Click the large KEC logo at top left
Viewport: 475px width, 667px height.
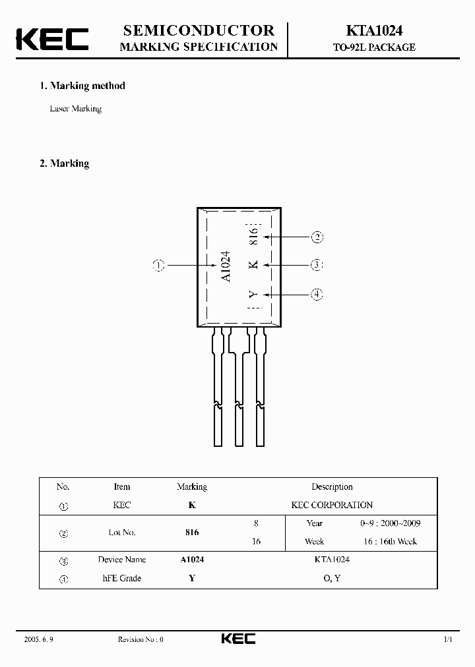[52, 38]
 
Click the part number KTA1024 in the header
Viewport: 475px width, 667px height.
[373, 30]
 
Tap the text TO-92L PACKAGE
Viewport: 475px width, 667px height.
[373, 47]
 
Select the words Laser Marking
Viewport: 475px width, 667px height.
[76, 109]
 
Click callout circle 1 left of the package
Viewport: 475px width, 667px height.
[158, 266]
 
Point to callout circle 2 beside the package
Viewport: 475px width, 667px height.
[317, 237]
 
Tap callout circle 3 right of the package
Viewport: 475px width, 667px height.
[317, 265]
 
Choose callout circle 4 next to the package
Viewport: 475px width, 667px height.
[317, 295]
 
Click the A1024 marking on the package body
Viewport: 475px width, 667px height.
[226, 266]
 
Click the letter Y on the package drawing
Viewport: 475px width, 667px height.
[253, 295]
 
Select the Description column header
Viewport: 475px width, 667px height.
[332, 487]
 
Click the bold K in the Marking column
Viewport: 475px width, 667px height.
[192, 506]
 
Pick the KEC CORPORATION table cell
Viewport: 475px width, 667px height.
[332, 506]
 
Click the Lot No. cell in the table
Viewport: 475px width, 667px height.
[122, 533]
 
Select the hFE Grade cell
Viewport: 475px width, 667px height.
[122, 579]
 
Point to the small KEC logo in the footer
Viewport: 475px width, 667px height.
[237, 639]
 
